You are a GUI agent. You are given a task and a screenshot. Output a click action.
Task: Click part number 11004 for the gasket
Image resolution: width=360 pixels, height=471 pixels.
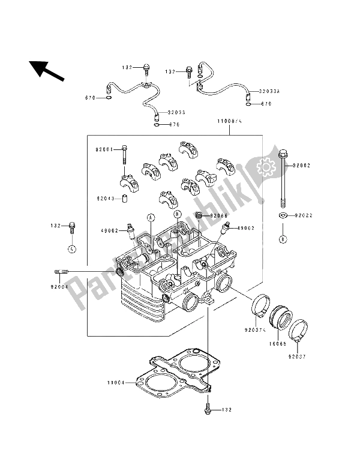tap(117, 381)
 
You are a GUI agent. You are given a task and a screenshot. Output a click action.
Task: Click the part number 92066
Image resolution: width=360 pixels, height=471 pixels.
tap(220, 215)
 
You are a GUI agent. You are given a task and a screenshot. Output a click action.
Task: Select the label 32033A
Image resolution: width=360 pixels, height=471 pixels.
tap(269, 92)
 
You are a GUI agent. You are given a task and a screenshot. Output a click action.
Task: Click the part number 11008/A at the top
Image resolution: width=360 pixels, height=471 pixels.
tap(229, 121)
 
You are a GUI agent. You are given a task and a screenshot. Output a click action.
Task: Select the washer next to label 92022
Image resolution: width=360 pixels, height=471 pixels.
tap(281, 215)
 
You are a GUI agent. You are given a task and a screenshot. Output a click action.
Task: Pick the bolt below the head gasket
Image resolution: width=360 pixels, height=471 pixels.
tap(208, 409)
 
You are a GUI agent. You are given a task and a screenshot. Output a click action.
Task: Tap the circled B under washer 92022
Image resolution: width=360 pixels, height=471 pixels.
tap(281, 239)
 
